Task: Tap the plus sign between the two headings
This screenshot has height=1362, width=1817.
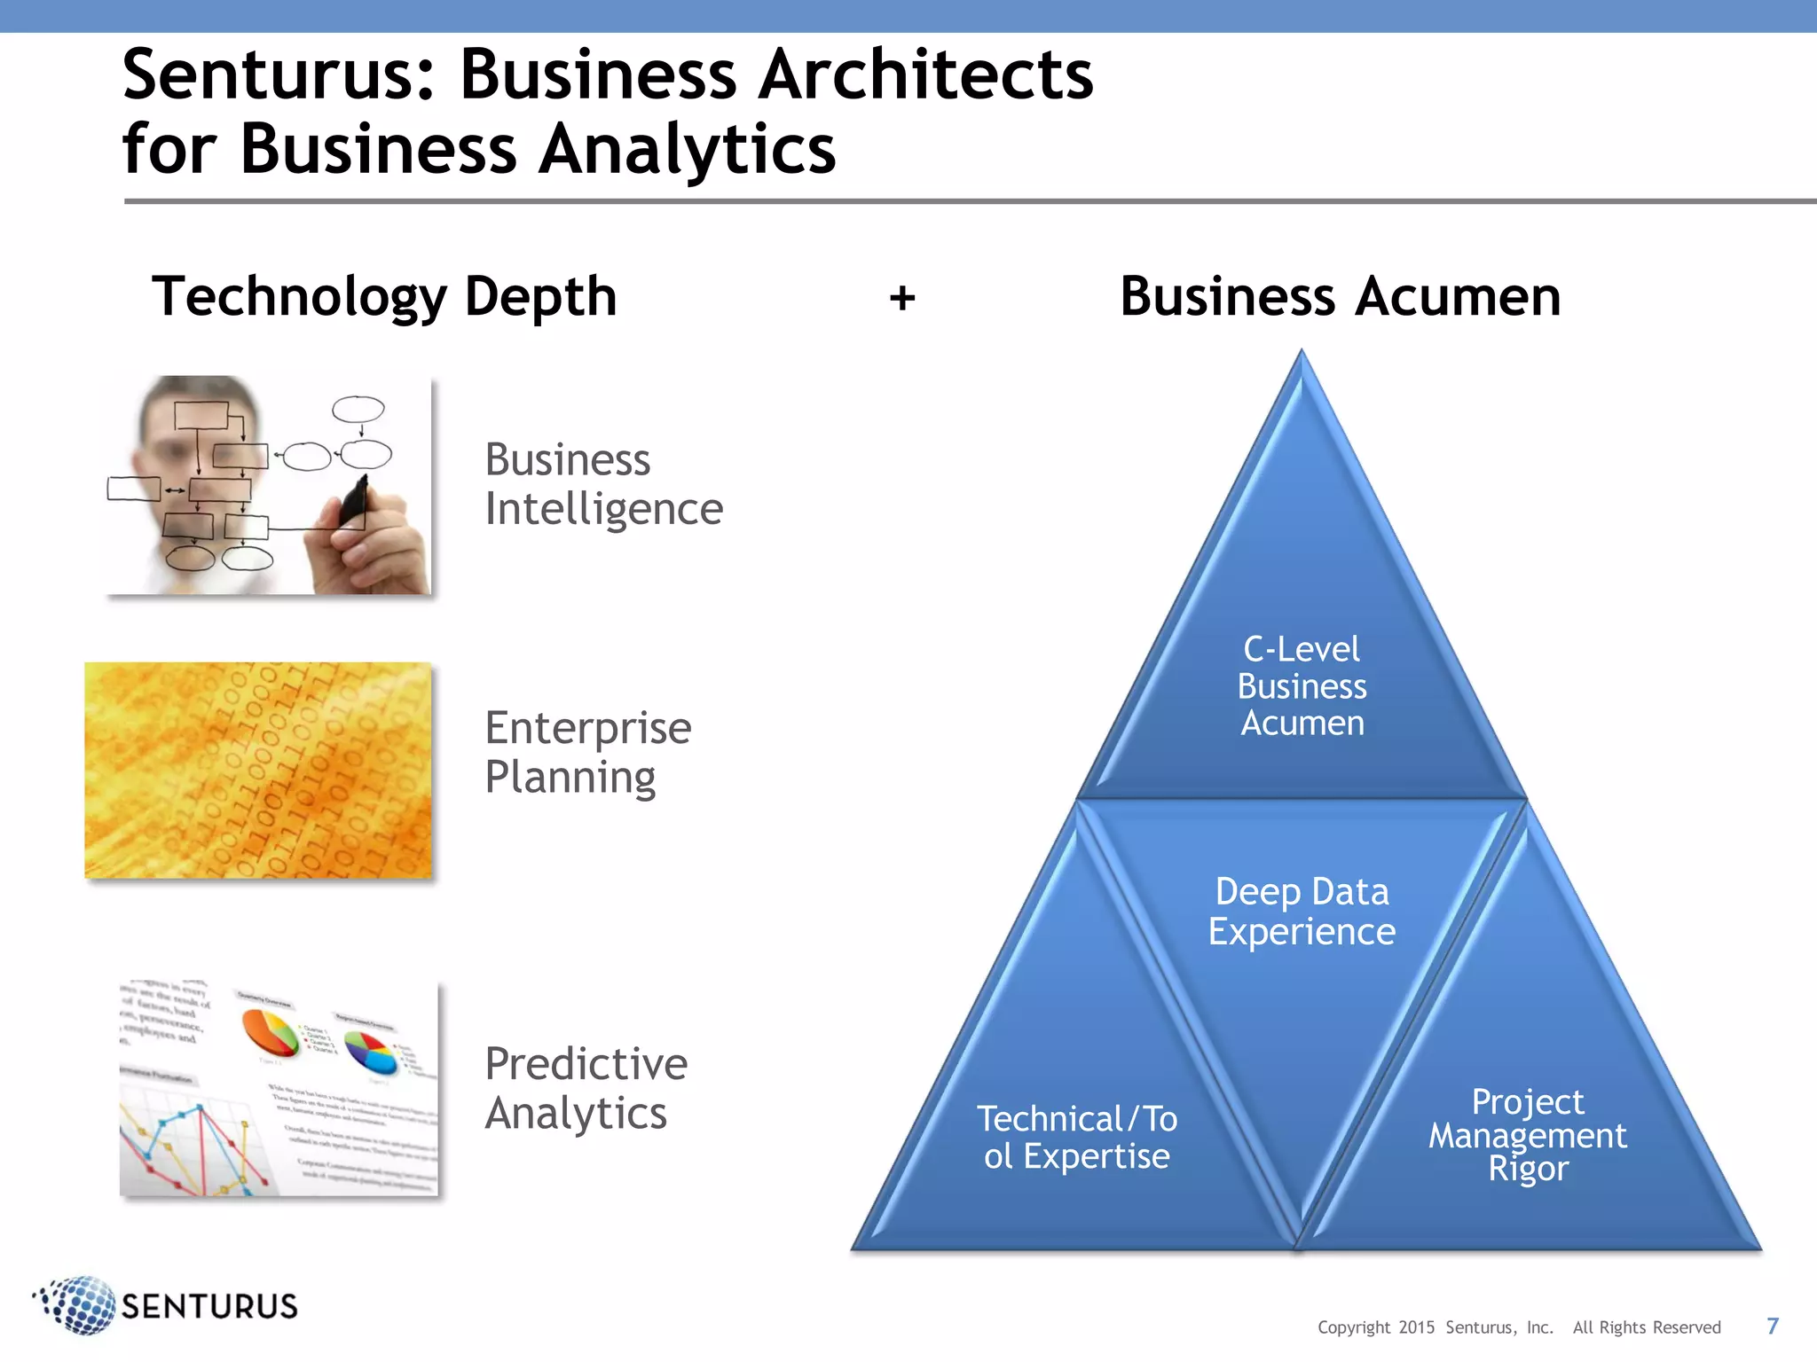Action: coord(902,298)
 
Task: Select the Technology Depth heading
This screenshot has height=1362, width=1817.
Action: coord(384,296)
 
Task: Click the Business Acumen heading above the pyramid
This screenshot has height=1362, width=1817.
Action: coord(1340,296)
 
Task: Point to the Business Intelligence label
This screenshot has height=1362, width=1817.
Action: coord(603,484)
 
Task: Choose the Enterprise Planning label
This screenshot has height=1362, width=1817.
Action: coord(587,752)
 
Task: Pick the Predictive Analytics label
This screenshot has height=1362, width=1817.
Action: coord(586,1088)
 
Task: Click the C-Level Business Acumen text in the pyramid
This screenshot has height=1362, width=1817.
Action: coord(1302,686)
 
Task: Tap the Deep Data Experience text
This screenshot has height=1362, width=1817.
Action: coord(1302,912)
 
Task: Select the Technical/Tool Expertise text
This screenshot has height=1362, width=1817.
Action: coord(1077,1138)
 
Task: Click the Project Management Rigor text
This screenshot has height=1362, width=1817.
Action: coord(1528,1135)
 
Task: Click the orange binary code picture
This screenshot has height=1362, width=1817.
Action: coord(258,771)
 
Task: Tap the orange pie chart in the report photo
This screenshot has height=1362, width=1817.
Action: coord(270,1032)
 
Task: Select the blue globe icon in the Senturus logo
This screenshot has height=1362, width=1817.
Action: coord(80,1304)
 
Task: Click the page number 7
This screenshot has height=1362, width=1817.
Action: coord(1773,1326)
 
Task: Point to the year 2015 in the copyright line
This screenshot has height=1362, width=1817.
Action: coord(1416,1327)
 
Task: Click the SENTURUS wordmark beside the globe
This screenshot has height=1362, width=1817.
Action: coord(209,1306)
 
